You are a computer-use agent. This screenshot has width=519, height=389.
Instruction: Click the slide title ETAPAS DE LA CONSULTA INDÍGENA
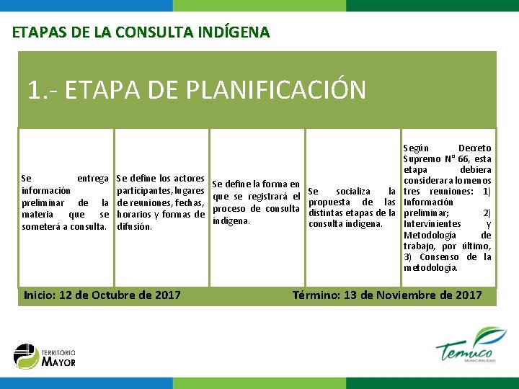coord(141,32)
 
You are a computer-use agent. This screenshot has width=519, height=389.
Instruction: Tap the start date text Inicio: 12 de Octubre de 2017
coord(102,295)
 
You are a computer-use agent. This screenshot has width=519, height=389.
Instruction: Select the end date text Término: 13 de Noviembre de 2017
coord(387,295)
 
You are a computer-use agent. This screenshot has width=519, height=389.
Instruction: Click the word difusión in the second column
coord(134,226)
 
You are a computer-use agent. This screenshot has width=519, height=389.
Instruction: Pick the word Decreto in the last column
coord(474,148)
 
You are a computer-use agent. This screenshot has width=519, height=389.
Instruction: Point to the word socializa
coord(353,191)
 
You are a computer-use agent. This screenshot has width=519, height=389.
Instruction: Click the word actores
coord(190,178)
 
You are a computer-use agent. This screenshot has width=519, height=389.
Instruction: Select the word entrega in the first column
coord(92,178)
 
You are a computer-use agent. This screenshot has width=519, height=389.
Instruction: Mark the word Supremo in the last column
coord(424,158)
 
